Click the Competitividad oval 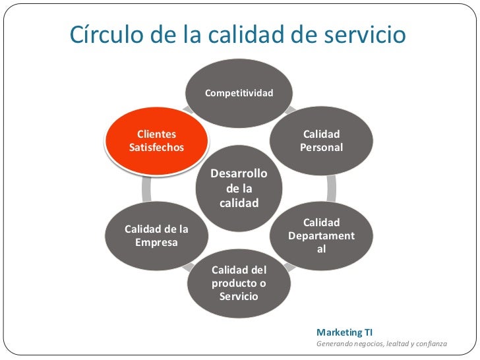(x=239, y=93)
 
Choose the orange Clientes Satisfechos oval (x=157, y=141)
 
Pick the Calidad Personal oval (x=322, y=141)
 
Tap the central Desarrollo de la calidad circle (x=239, y=188)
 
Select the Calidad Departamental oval (x=322, y=235)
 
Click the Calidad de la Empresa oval (x=157, y=235)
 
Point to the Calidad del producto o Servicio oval (x=239, y=283)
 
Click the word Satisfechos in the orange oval (x=157, y=148)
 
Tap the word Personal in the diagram (x=322, y=148)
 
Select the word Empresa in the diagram (x=157, y=242)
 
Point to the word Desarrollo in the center (x=239, y=174)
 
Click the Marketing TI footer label (x=344, y=332)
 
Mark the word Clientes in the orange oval (x=157, y=135)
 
